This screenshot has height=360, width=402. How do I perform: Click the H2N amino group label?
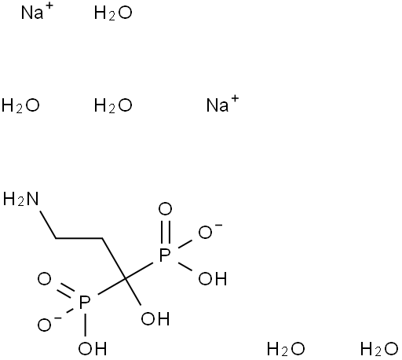[20, 199]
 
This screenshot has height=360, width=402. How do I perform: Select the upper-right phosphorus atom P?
[165, 255]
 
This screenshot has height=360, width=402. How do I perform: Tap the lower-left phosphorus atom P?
[85, 303]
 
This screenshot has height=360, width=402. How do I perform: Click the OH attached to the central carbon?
[155, 318]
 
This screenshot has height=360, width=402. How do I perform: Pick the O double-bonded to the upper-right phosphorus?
[165, 209]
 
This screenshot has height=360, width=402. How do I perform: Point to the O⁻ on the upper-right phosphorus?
[210, 232]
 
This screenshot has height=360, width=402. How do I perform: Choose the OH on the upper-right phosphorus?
[212, 278]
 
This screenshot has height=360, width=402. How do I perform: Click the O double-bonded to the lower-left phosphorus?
[44, 278]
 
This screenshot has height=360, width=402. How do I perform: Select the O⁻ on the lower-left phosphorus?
[49, 324]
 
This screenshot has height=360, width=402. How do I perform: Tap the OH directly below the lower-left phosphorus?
[93, 349]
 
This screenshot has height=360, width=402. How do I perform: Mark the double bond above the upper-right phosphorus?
[166, 232]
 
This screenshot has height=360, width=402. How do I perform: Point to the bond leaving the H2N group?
[48, 225]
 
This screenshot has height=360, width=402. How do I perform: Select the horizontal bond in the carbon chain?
[79, 238]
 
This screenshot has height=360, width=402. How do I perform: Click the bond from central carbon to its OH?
[133, 292]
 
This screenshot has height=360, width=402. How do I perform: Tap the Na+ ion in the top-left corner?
[37, 11]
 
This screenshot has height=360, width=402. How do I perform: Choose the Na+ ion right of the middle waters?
[222, 104]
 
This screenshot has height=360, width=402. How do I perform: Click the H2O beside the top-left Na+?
[113, 13]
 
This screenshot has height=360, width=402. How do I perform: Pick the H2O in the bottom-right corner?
[379, 349]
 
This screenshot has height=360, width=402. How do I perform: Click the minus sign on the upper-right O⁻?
[219, 225]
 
